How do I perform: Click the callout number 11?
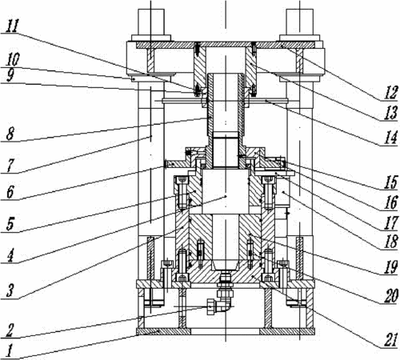coord(12,26)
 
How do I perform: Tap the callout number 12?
coord(390,93)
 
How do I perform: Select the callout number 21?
coord(391,340)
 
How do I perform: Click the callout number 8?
coord(10,134)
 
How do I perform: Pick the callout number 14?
coord(391,138)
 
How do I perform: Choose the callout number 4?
coord(10,255)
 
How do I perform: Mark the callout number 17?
coord(391,222)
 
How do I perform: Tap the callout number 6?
coord(10,192)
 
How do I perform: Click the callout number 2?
coord(10,330)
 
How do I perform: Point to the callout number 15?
coord(391,182)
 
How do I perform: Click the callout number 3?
coord(10,290)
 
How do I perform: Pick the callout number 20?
coord(391,296)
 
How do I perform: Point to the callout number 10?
coord(13,59)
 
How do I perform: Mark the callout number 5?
coord(10,224)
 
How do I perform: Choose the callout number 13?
coord(391,113)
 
